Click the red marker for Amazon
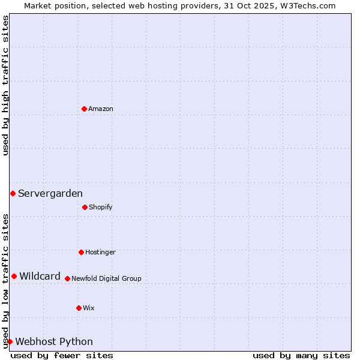point(84,109)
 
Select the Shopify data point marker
point(85,207)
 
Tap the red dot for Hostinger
point(81,252)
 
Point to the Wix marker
point(79,308)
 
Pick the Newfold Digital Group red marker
point(67,278)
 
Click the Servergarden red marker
point(13,193)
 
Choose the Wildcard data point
point(14,276)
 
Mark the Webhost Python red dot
point(10,341)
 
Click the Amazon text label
point(101,109)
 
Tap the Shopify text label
point(101,207)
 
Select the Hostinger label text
point(100,252)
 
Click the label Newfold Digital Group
point(106,278)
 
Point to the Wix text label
point(89,308)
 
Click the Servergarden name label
point(50,193)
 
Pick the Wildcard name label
point(40,276)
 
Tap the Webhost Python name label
point(54,341)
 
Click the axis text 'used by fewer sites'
point(62,355)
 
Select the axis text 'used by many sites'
point(301,355)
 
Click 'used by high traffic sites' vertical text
point(5,85)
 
